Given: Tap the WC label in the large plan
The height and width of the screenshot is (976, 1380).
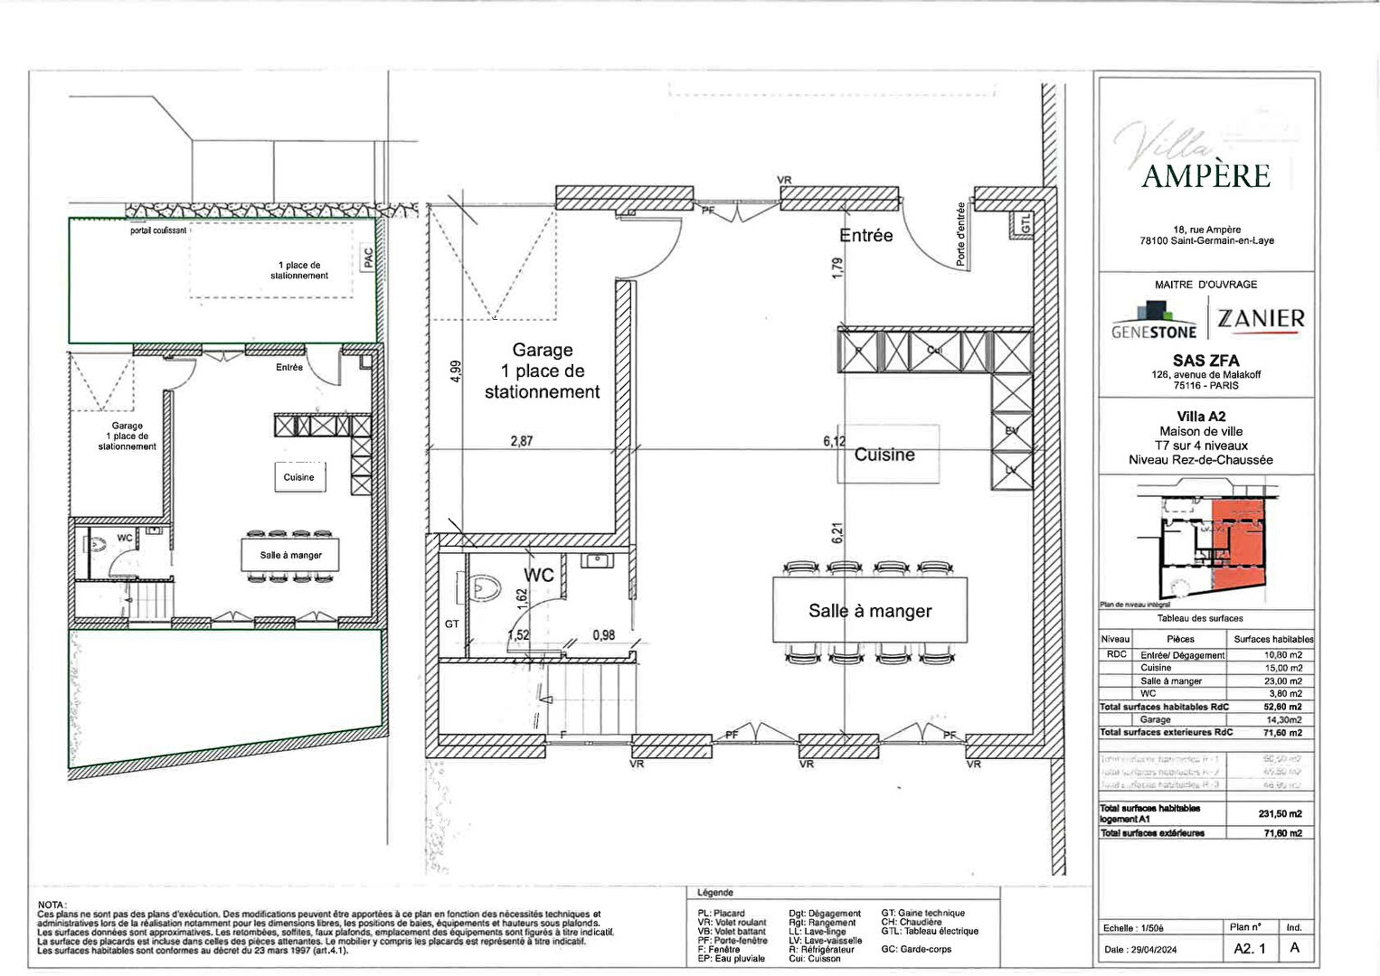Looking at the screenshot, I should tap(539, 576).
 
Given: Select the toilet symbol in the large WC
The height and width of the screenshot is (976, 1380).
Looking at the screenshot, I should tap(486, 588).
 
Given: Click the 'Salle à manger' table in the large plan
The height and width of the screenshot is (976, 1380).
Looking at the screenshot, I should tap(870, 611).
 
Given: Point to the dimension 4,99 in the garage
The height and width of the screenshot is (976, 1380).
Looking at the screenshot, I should tap(456, 371).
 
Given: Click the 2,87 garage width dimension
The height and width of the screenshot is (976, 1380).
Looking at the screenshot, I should tap(522, 441).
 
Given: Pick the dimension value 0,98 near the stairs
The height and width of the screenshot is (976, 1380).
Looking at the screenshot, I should tap(603, 635).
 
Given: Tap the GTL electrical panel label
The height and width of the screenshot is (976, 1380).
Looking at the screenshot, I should tap(1026, 223).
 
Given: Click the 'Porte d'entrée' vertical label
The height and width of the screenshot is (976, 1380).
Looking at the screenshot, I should tap(960, 235).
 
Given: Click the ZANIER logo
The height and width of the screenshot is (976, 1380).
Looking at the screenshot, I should tap(1261, 319).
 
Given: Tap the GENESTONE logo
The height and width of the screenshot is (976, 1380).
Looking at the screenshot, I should tap(1154, 322).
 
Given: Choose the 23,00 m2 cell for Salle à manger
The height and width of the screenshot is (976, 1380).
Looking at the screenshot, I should tap(1283, 680).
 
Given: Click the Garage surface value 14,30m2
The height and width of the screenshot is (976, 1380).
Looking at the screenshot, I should tap(1283, 719).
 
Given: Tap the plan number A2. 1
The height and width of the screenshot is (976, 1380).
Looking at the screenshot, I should tap(1250, 949).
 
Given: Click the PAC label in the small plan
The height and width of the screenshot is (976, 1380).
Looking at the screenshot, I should tap(368, 258).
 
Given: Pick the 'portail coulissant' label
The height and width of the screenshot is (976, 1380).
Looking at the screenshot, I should tap(158, 230).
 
